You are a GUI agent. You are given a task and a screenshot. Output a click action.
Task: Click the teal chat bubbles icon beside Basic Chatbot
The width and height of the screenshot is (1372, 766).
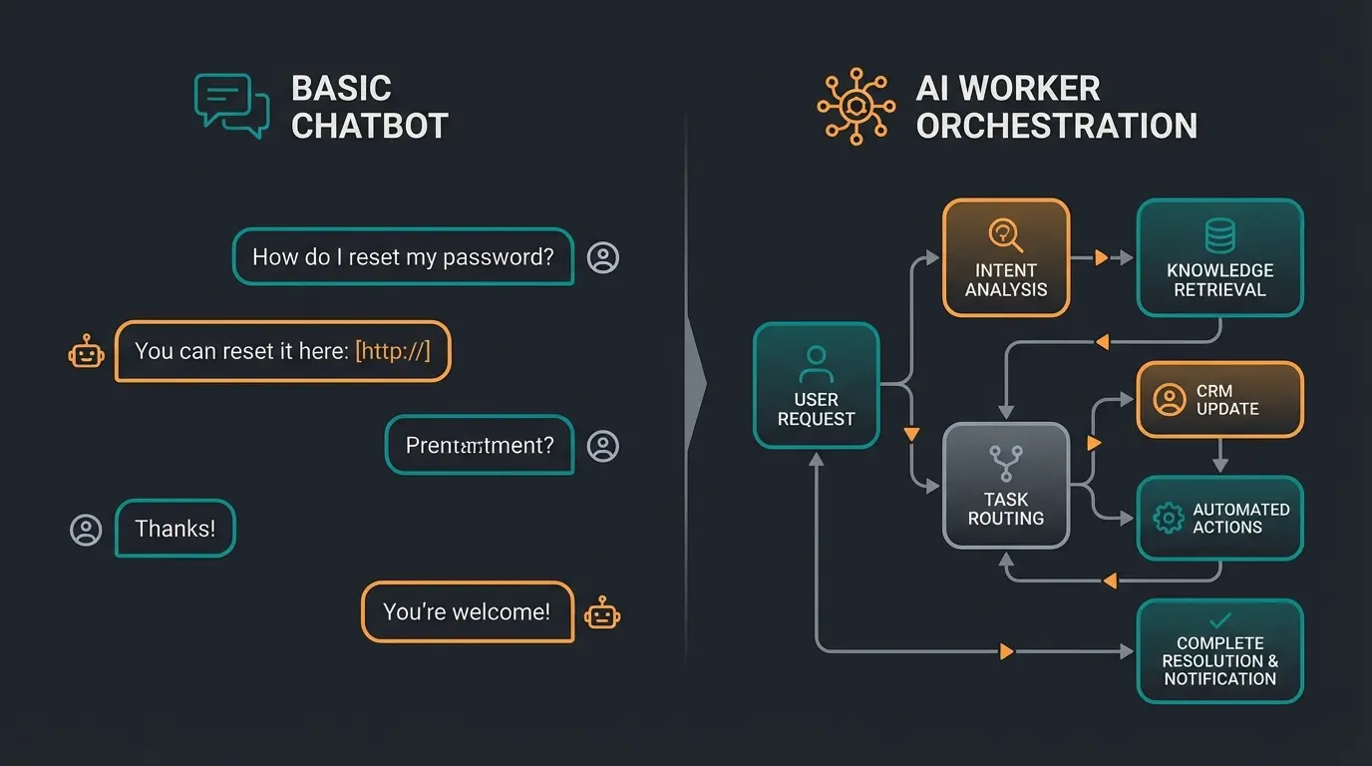point(231,105)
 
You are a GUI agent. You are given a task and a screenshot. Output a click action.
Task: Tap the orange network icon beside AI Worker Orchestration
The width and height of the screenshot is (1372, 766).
point(856,106)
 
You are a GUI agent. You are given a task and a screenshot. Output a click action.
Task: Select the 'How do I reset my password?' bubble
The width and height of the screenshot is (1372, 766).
point(403,257)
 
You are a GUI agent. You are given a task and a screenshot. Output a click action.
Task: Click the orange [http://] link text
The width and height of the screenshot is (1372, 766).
point(393,351)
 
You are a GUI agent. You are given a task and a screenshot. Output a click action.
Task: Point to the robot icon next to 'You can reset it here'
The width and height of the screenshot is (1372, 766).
point(86,352)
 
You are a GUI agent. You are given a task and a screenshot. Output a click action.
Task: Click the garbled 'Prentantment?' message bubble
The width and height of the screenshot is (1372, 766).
point(480,445)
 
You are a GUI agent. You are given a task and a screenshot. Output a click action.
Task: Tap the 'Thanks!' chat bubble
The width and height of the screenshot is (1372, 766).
point(175,529)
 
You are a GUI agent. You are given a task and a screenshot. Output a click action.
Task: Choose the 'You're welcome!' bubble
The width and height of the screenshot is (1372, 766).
point(467,611)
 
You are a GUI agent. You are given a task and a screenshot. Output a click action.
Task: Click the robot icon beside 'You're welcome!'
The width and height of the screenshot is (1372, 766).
point(602,612)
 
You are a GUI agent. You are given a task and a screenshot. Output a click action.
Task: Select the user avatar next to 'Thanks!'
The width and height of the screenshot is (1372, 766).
point(86,530)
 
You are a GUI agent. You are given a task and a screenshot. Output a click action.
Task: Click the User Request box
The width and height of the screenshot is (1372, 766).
point(816,385)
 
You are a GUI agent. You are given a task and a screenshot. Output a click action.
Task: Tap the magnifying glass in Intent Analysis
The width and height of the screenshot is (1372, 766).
point(1005,235)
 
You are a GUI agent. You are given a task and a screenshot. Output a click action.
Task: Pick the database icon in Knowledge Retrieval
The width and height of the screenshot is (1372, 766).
point(1219,236)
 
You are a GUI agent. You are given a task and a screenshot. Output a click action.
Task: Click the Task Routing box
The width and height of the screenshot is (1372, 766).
point(1005,486)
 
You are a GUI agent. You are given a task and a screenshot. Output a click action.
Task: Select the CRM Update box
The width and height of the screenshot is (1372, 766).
point(1219,400)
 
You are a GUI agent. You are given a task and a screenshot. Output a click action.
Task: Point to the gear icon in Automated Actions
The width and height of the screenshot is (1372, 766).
point(1168,518)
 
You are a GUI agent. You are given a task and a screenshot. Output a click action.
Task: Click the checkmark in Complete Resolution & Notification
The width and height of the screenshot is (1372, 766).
point(1219,620)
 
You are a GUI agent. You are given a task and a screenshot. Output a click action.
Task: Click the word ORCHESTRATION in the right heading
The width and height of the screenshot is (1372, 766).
point(1057,126)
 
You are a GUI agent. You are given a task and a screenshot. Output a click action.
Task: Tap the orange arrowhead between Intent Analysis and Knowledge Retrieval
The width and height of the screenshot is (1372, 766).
point(1101,257)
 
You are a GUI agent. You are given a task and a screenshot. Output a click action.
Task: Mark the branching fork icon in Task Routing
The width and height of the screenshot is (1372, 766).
point(1005,462)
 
